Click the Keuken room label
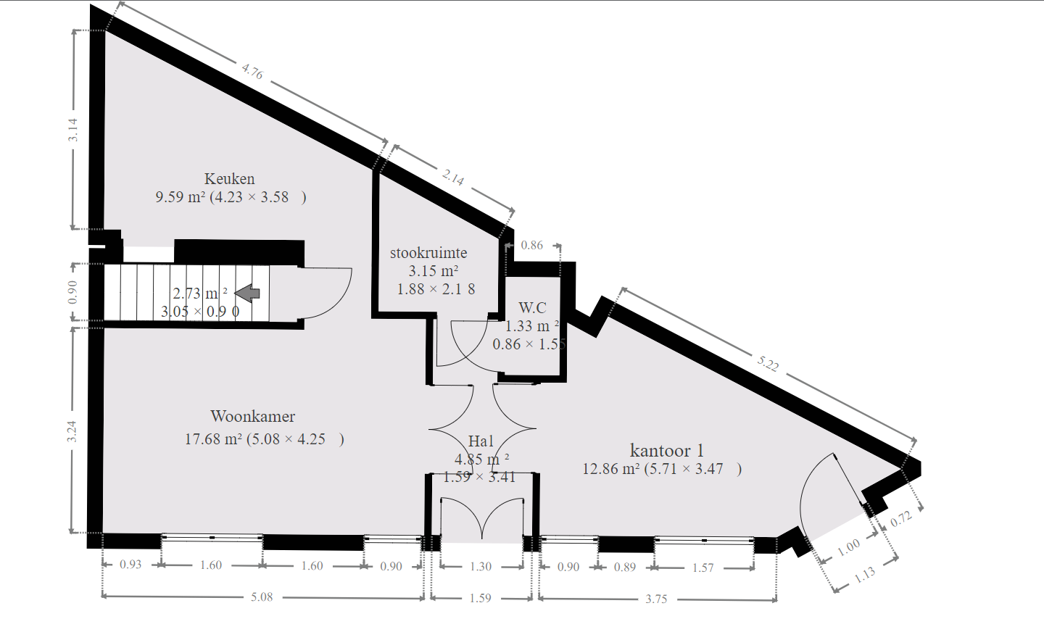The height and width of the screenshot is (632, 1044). tap(229, 179)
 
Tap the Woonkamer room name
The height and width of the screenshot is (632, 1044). tap(252, 416)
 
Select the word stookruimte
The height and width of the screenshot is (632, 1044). tap(428, 253)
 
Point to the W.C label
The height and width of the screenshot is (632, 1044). tap(532, 307)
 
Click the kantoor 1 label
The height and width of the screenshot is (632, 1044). tap(666, 450)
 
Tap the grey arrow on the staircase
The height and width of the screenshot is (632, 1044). tap(247, 293)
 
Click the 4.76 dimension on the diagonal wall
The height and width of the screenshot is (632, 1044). tap(252, 71)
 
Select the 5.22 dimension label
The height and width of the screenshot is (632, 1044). tap(767, 363)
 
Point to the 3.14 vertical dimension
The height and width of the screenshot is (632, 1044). tap(72, 130)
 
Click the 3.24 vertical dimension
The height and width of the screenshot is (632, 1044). tap(72, 432)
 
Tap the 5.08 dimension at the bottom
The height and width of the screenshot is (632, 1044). tap(262, 597)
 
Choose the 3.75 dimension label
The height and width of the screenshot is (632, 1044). tap(656, 599)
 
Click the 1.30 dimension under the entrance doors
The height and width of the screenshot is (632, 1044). tap(481, 567)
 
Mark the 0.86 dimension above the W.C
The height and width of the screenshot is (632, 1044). tap(532, 245)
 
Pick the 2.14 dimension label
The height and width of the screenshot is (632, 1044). tap(453, 178)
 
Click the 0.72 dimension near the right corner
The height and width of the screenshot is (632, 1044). tap(900, 519)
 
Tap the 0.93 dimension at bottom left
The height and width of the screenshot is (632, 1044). tap(130, 565)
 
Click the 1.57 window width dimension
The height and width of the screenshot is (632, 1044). tap(703, 567)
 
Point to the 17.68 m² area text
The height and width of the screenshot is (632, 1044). tap(213, 439)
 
